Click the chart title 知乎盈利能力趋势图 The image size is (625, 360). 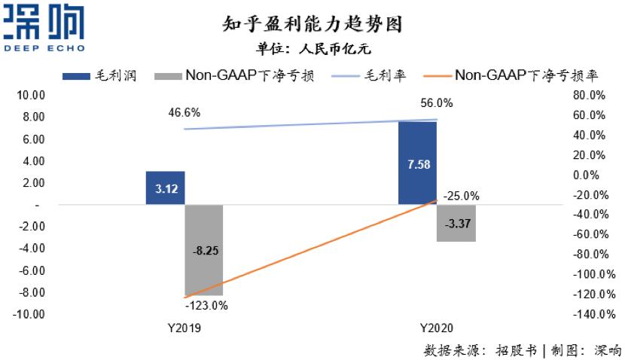click(x=313, y=23)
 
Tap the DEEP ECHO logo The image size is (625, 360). click(x=44, y=29)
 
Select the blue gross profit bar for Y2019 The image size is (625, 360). click(x=165, y=188)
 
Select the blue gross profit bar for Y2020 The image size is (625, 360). click(x=417, y=163)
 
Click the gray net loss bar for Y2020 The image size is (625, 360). click(x=456, y=223)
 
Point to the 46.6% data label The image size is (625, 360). click(x=184, y=113)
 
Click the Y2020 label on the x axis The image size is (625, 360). click(x=436, y=328)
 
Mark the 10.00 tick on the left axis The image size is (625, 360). click(x=31, y=96)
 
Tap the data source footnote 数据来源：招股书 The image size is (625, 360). click(x=481, y=350)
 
